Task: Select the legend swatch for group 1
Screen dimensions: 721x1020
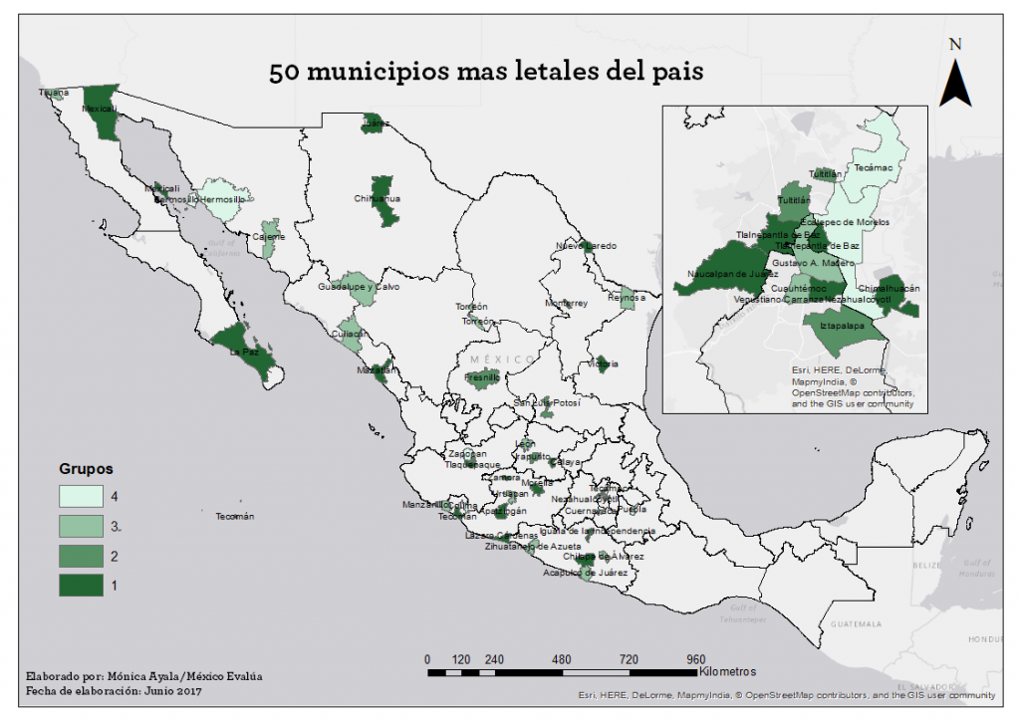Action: pyautogui.click(x=86, y=587)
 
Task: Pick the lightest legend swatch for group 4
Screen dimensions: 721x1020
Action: pyautogui.click(x=86, y=495)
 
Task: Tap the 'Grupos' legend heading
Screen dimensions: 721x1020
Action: pyautogui.click(x=86, y=468)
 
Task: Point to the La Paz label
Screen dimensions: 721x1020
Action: pyautogui.click(x=244, y=352)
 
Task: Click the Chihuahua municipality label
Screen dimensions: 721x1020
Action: pyautogui.click(x=377, y=198)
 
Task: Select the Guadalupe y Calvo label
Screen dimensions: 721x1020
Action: pyautogui.click(x=351, y=287)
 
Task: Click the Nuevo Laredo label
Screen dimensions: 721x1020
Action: pyautogui.click(x=586, y=245)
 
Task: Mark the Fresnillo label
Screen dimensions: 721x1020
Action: pyautogui.click(x=482, y=378)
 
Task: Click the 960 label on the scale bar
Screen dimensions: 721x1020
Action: pyautogui.click(x=695, y=659)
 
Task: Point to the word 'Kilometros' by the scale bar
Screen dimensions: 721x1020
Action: pyautogui.click(x=728, y=671)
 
